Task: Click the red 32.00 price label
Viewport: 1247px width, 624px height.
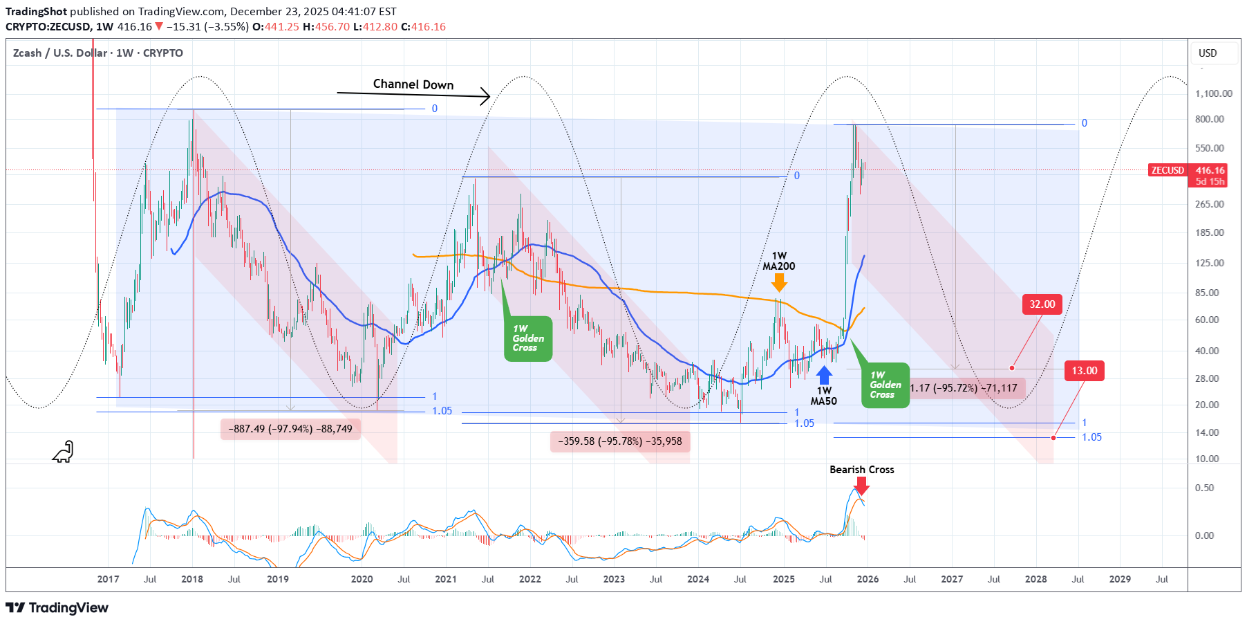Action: coord(1042,304)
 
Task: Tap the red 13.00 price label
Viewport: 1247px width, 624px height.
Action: coord(1084,371)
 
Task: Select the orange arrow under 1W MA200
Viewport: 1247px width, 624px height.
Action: coord(779,282)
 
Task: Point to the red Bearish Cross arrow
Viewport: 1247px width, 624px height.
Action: coord(861,486)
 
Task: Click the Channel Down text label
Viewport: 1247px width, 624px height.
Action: coord(413,84)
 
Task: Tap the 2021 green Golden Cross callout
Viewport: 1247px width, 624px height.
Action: coord(528,338)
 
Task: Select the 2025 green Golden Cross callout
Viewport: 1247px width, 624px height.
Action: coord(885,385)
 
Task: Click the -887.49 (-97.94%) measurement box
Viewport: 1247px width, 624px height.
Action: coord(290,429)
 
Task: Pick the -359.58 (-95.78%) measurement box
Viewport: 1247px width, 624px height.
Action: coord(620,441)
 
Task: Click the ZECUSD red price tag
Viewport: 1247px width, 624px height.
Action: coord(1167,170)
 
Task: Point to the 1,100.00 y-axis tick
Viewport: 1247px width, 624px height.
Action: coord(1213,93)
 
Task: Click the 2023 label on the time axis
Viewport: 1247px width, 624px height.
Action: coord(614,579)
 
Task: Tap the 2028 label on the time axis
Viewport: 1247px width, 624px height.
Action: coord(1035,579)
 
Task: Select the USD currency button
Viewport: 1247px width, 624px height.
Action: coord(1208,53)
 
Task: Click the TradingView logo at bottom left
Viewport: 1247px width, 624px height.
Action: coord(57,607)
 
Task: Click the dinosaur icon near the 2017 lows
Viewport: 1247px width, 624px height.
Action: coord(63,452)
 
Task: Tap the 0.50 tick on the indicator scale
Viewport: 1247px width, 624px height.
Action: coord(1204,488)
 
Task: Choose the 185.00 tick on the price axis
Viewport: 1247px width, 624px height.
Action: coord(1209,232)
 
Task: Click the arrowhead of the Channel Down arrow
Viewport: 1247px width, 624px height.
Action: coord(487,97)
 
